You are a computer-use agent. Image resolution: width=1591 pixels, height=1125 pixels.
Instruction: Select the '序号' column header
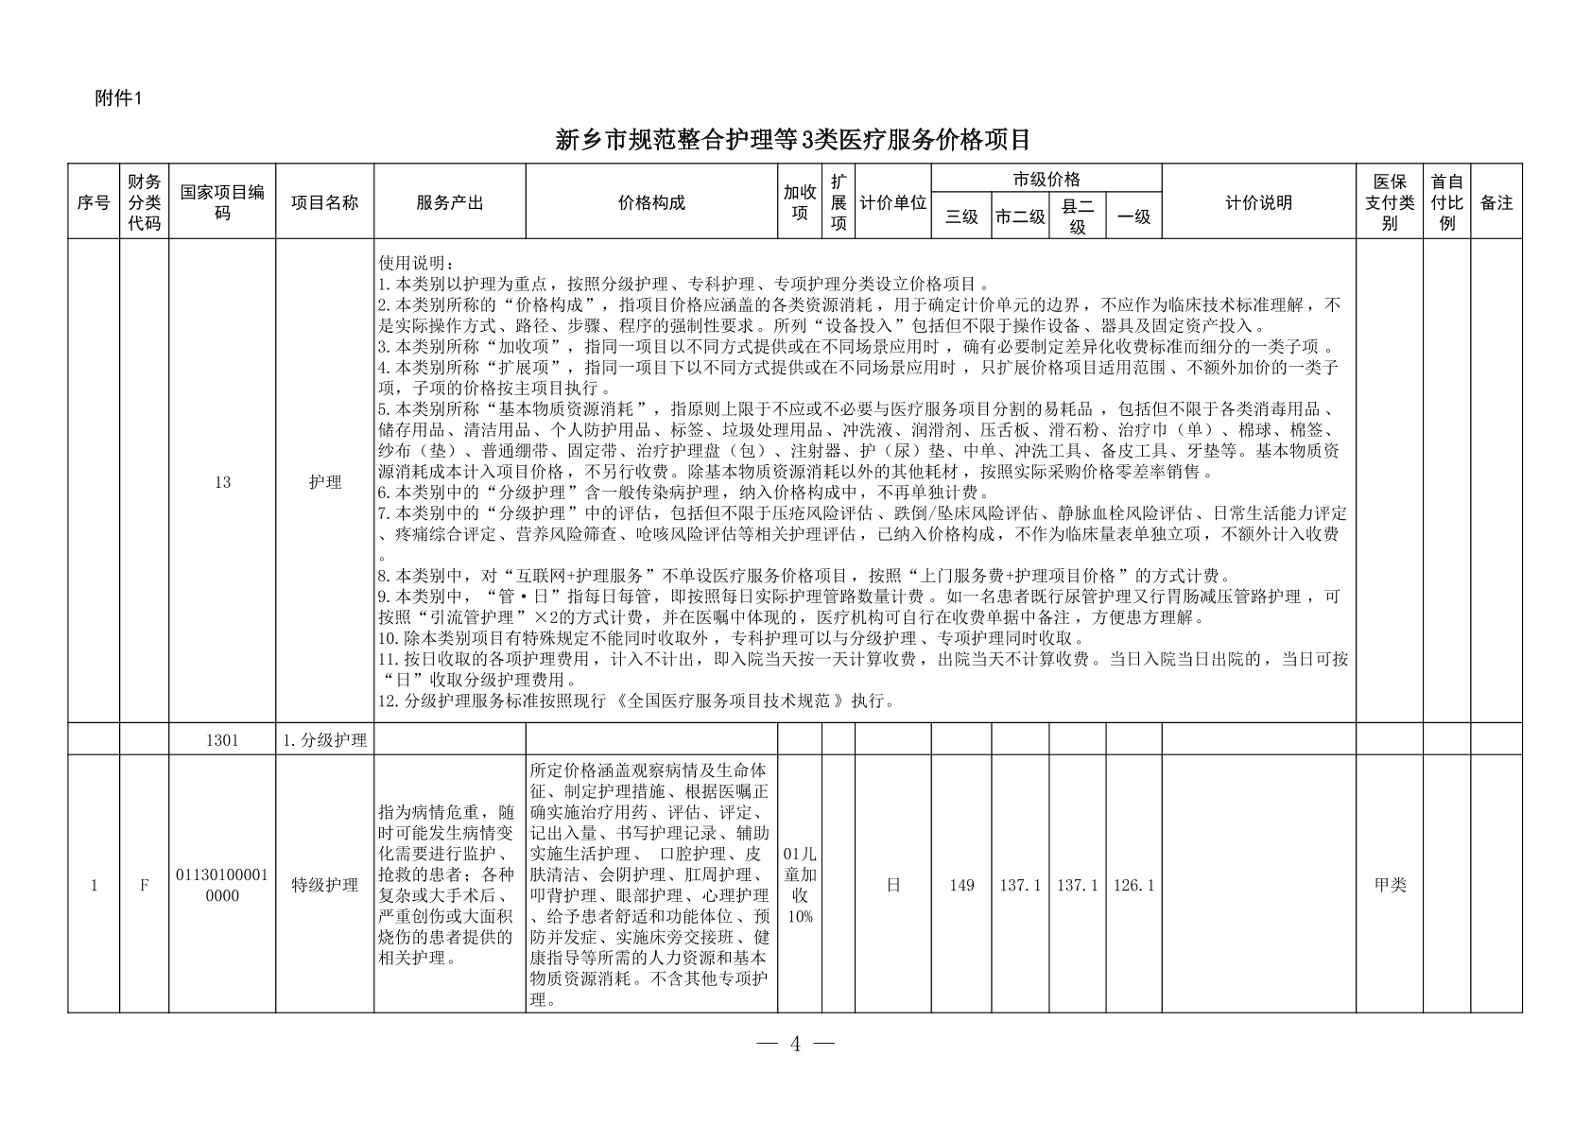[94, 202]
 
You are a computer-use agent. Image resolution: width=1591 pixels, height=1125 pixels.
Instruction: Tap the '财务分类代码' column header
[145, 202]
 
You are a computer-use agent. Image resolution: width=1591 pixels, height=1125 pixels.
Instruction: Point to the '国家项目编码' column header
[222, 202]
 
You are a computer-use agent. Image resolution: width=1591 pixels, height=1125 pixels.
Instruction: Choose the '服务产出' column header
[449, 202]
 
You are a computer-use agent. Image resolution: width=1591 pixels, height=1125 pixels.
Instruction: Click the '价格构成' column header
[651, 202]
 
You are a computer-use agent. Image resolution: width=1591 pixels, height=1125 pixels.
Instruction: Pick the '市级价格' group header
[1046, 179]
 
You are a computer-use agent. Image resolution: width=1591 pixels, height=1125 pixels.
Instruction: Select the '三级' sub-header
[961, 216]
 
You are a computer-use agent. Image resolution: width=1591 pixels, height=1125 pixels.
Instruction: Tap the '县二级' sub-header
[1077, 216]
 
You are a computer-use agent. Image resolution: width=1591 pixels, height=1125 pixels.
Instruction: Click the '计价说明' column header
[1258, 202]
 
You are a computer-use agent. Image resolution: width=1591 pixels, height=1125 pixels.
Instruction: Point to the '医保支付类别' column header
[1389, 202]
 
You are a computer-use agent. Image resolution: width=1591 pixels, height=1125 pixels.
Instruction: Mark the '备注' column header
[1496, 202]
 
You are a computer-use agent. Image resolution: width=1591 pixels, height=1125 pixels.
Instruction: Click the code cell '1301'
[222, 739]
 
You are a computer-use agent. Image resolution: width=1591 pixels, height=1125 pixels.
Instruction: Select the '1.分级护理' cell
[324, 739]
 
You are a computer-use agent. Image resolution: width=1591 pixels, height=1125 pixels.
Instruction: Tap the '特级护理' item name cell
[324, 885]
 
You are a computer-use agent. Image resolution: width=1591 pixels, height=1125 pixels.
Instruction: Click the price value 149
[961, 885]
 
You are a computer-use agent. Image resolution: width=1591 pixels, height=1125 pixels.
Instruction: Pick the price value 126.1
[1133, 885]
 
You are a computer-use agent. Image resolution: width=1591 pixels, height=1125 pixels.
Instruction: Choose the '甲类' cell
[1390, 885]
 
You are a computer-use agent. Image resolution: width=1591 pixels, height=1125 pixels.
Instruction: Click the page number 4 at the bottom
[795, 1044]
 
